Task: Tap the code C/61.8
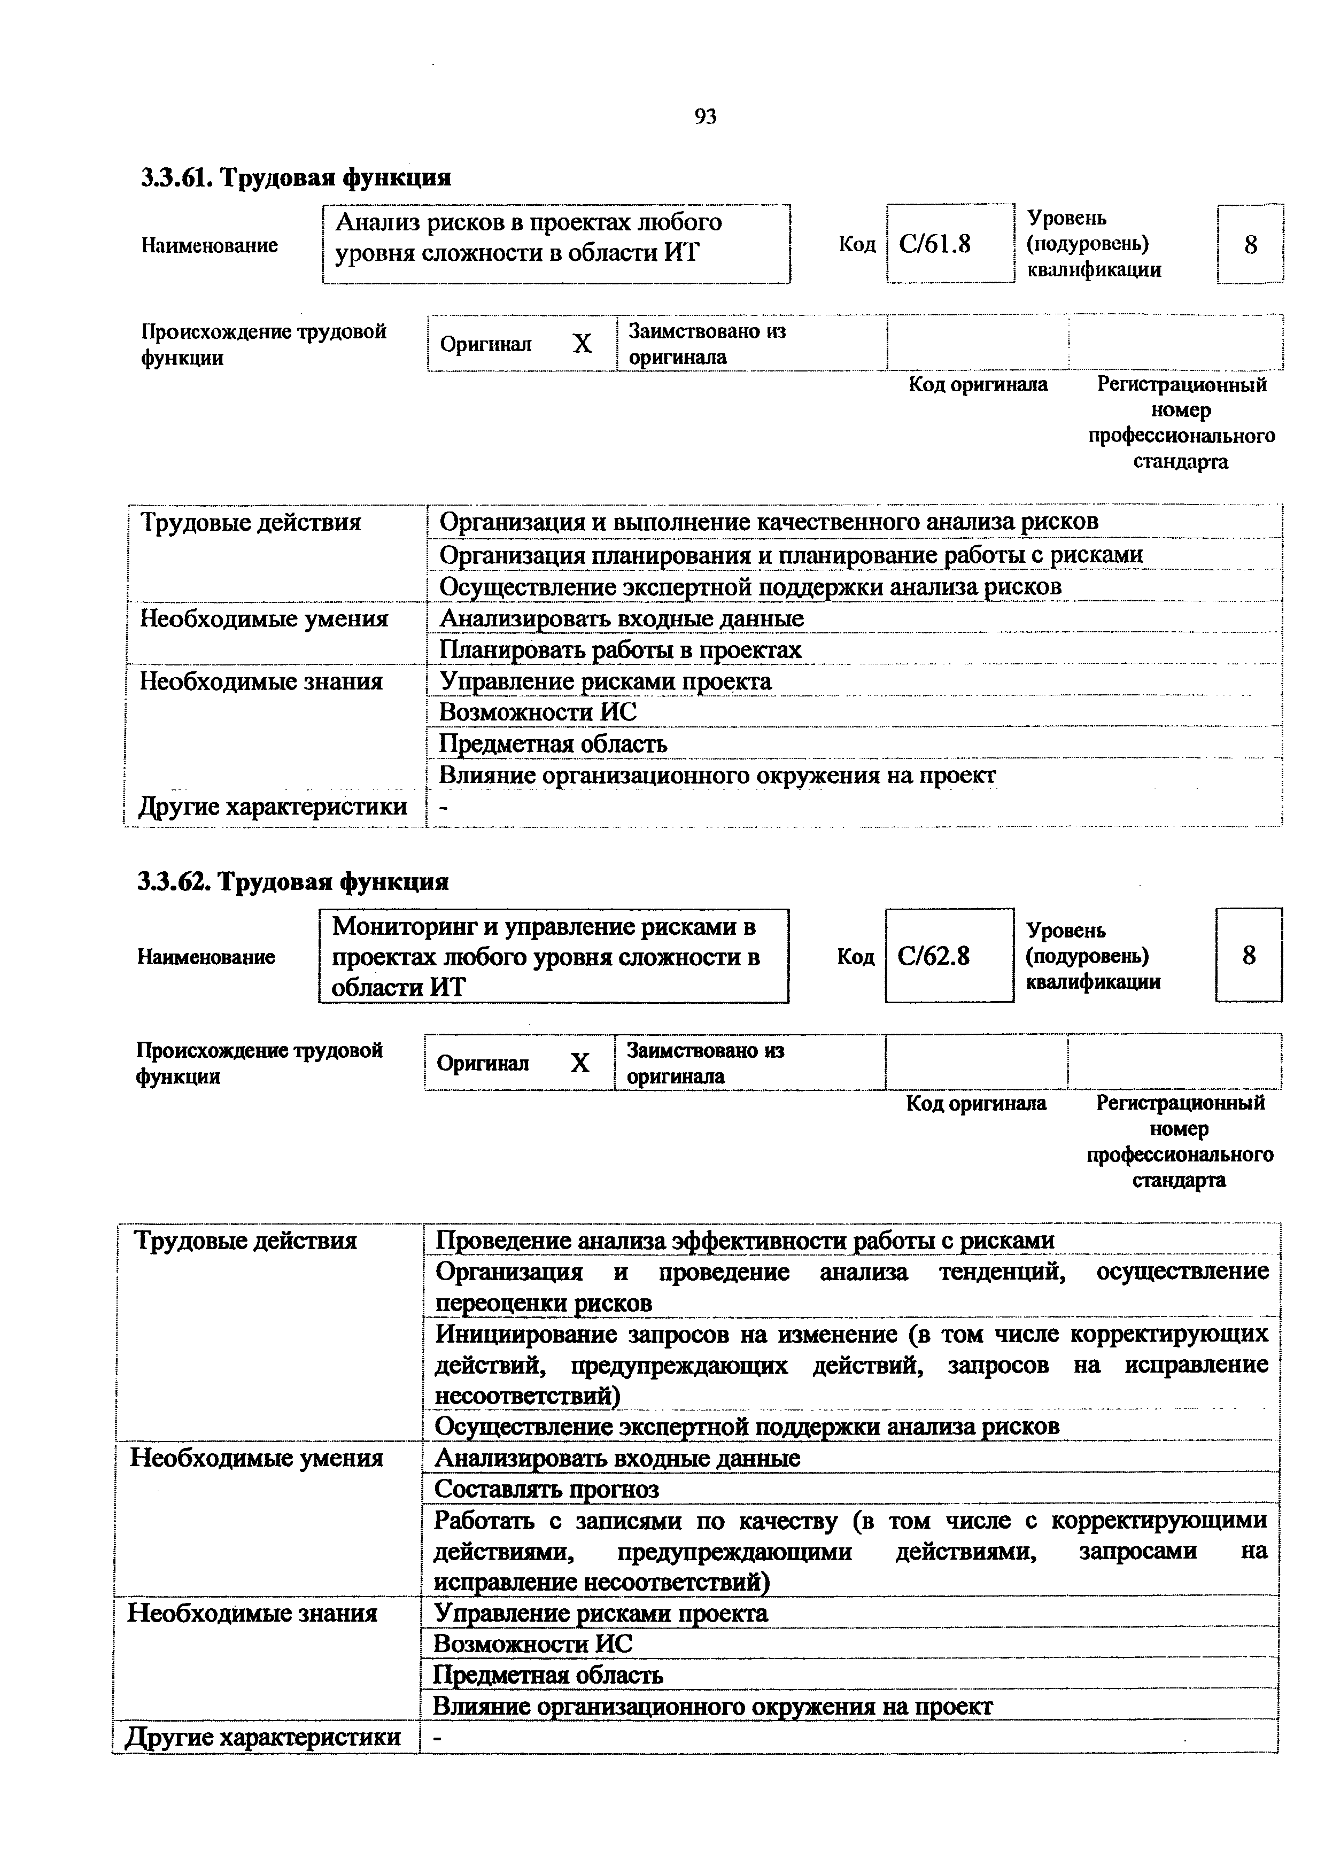point(935,243)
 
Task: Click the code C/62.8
point(933,956)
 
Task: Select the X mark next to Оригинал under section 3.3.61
point(582,344)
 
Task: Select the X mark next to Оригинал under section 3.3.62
point(579,1063)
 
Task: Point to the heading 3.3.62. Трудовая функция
point(293,882)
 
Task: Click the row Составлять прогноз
point(546,1489)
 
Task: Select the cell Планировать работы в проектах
point(621,650)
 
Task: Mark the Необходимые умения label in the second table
point(257,1458)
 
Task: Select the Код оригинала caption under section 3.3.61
point(978,384)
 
